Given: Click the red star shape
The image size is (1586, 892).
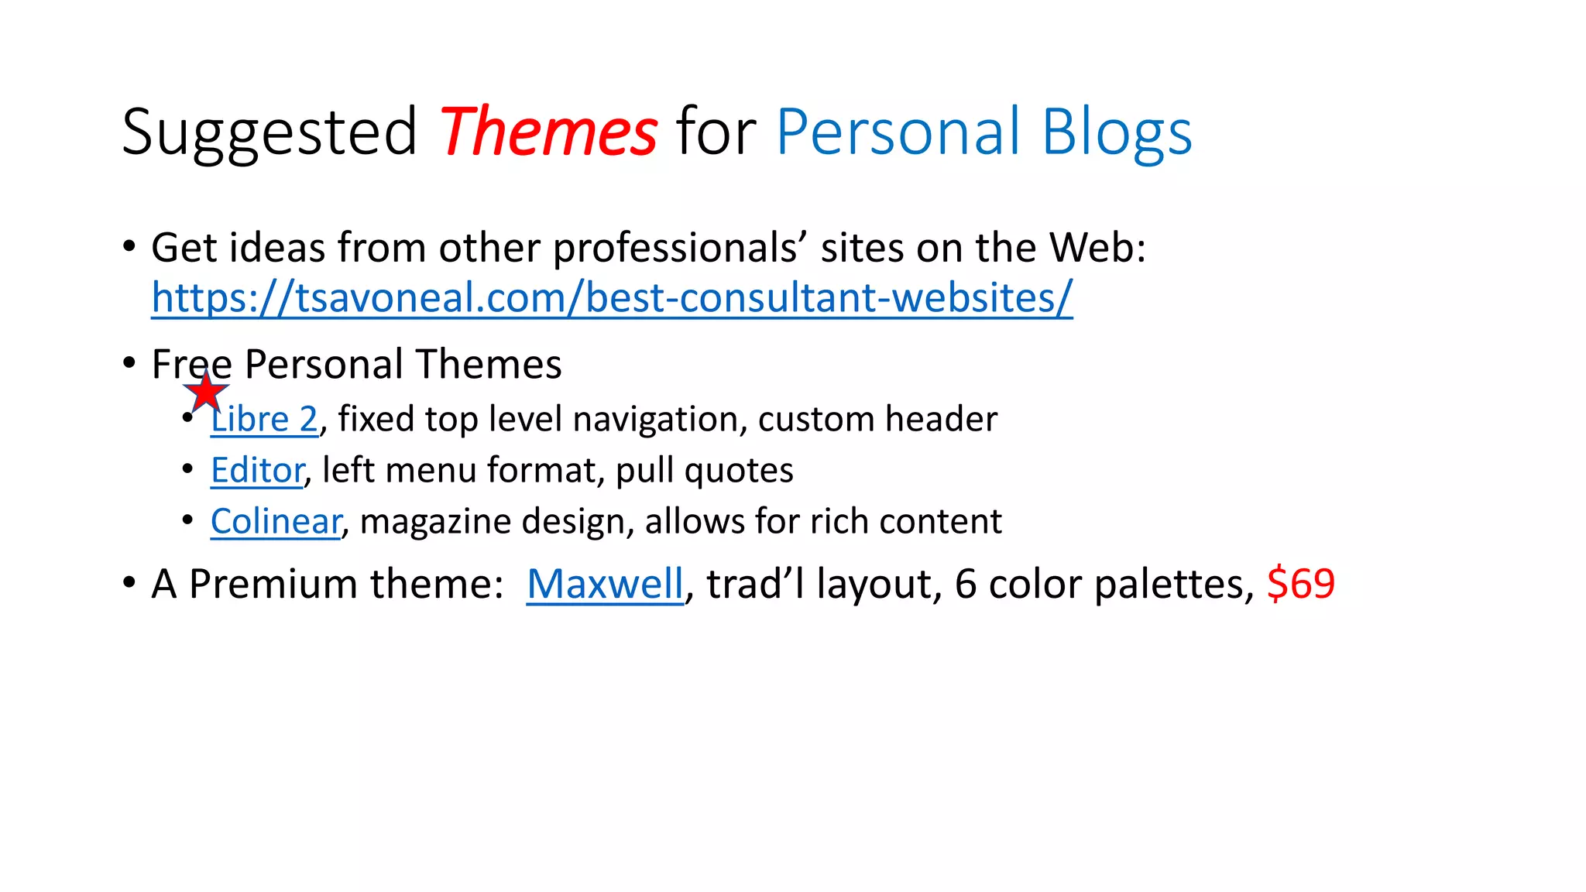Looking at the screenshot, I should coord(206,392).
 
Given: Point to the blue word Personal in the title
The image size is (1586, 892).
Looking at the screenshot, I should coord(898,132).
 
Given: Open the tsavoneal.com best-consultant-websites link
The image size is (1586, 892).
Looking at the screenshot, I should coord(612,297).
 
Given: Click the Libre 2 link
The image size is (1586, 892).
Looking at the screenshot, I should coord(264,419).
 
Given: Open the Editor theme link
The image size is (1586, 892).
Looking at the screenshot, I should coord(257,470).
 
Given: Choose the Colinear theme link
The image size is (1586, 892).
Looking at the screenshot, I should coord(276,521).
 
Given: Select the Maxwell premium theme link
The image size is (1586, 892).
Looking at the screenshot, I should coord(605,584).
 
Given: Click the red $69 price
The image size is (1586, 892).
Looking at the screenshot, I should coord(1301,584).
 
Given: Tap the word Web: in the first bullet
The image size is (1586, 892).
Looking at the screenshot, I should coord(1097,248).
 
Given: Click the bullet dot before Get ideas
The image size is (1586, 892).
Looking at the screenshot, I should coord(129,248).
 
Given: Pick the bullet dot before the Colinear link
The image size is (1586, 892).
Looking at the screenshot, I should coord(187,520).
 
